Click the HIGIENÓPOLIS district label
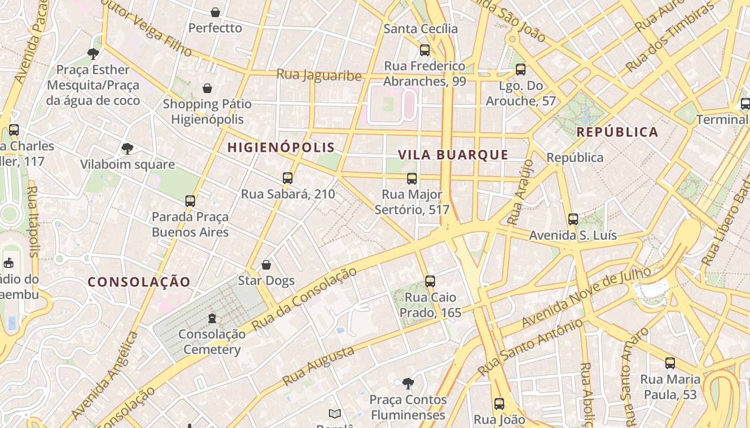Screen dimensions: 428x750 click(281, 148)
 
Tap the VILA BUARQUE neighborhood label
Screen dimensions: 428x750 click(453, 155)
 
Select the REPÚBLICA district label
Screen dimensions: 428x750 click(617, 132)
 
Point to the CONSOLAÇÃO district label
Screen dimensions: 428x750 click(139, 282)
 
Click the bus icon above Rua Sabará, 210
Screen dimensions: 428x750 click(288, 178)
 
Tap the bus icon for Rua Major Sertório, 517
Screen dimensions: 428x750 click(411, 179)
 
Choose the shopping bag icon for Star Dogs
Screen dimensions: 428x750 click(266, 265)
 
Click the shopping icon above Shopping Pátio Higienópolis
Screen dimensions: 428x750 click(207, 88)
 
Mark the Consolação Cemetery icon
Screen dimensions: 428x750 click(212, 318)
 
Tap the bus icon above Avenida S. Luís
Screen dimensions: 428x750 click(573, 219)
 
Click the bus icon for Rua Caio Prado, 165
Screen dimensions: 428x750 click(430, 281)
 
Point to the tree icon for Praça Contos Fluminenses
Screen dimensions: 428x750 click(408, 384)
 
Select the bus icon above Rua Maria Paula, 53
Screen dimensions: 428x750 click(670, 364)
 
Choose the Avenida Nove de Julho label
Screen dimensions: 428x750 click(586, 297)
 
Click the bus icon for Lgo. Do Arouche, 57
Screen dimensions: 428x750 click(520, 70)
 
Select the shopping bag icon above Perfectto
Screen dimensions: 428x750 click(215, 12)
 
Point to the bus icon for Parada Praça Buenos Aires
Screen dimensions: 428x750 click(190, 201)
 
